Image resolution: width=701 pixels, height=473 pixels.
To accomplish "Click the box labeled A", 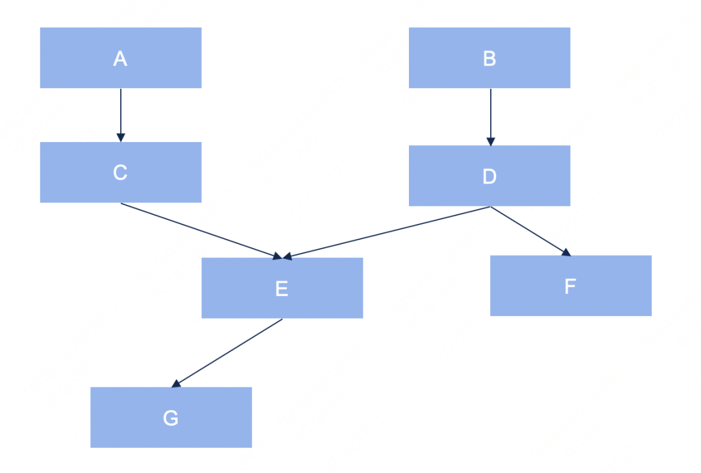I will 121,58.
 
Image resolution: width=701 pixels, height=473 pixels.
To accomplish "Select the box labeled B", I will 489,58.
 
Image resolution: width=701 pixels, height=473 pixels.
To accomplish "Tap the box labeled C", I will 121,172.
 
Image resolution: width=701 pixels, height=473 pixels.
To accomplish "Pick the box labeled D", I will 489,175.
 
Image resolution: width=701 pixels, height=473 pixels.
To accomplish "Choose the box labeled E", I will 282,287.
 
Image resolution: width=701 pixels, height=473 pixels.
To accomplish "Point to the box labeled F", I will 571,285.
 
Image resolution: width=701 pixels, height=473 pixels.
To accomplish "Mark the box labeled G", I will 171,417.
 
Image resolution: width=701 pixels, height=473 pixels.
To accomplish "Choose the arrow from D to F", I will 529,230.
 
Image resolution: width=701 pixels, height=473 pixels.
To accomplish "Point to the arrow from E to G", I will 228,352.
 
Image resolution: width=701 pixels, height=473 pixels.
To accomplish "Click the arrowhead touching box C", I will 121,138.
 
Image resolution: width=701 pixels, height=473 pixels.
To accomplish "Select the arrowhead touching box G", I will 176,384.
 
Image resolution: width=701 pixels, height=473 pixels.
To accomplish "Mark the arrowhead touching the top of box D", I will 491,141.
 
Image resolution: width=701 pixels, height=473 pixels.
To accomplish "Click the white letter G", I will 171,418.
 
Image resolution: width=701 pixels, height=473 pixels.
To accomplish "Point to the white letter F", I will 571,286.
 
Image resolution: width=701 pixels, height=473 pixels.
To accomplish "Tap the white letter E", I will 282,288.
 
